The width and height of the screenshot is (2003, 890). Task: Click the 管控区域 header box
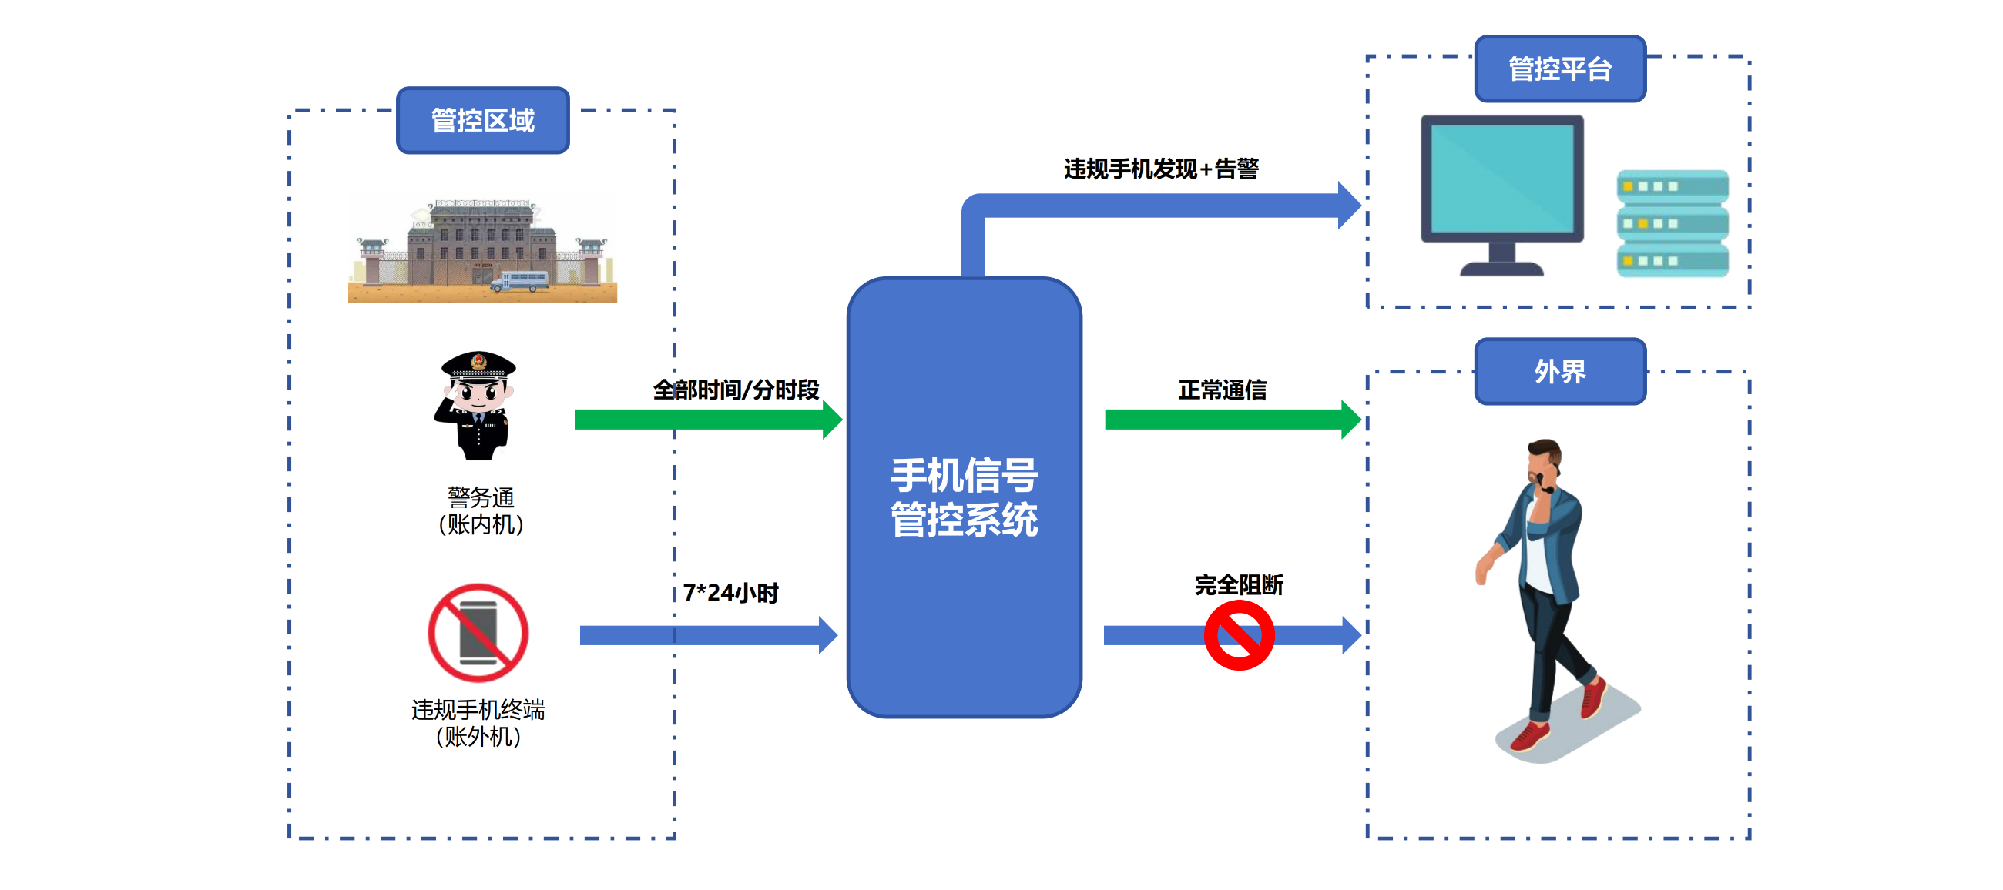coord(482,120)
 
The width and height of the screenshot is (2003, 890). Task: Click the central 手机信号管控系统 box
coord(964,497)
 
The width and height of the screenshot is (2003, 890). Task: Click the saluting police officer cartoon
coord(477,406)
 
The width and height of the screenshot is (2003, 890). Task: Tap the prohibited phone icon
coord(478,633)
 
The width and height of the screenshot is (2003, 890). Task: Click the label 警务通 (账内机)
coord(481,510)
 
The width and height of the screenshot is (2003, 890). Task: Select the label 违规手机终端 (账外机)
coord(478,723)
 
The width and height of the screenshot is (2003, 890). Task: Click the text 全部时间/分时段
coord(736,390)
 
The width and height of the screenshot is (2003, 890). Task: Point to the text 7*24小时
coord(730,593)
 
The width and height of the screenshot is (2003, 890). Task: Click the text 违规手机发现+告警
coord(1161,169)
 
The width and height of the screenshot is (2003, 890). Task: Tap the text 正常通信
coord(1223,390)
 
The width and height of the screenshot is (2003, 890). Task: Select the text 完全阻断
coord(1239,584)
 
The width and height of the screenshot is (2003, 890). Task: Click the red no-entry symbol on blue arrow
coord(1239,636)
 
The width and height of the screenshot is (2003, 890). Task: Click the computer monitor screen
coord(1501,179)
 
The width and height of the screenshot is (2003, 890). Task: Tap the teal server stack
coord(1672,224)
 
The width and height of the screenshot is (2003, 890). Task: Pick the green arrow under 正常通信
coord(1229,420)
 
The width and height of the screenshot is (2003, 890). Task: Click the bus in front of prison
coord(519,281)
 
